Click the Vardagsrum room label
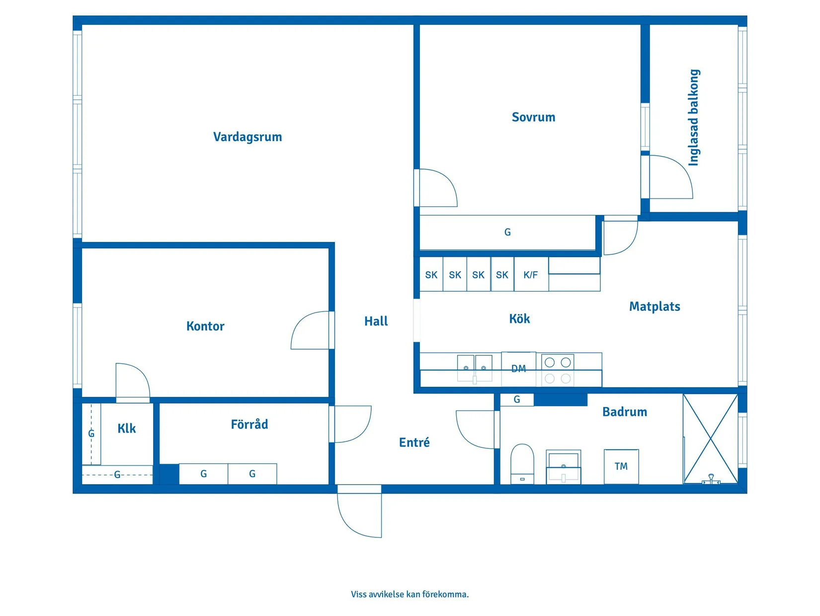click(x=247, y=137)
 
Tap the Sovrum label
click(x=533, y=117)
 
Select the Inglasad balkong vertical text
click(x=694, y=117)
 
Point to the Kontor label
click(x=205, y=326)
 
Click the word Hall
click(x=376, y=321)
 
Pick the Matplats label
click(x=655, y=307)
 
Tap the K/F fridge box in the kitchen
click(x=531, y=275)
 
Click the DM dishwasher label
click(x=518, y=369)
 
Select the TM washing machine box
click(x=621, y=466)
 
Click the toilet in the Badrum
click(x=522, y=463)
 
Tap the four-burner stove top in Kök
click(x=557, y=370)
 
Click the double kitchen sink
click(x=475, y=368)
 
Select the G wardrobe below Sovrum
click(x=507, y=232)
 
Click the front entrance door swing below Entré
click(x=359, y=513)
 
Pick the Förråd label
click(x=249, y=424)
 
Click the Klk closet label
click(x=127, y=428)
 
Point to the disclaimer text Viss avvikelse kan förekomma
click(x=410, y=594)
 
